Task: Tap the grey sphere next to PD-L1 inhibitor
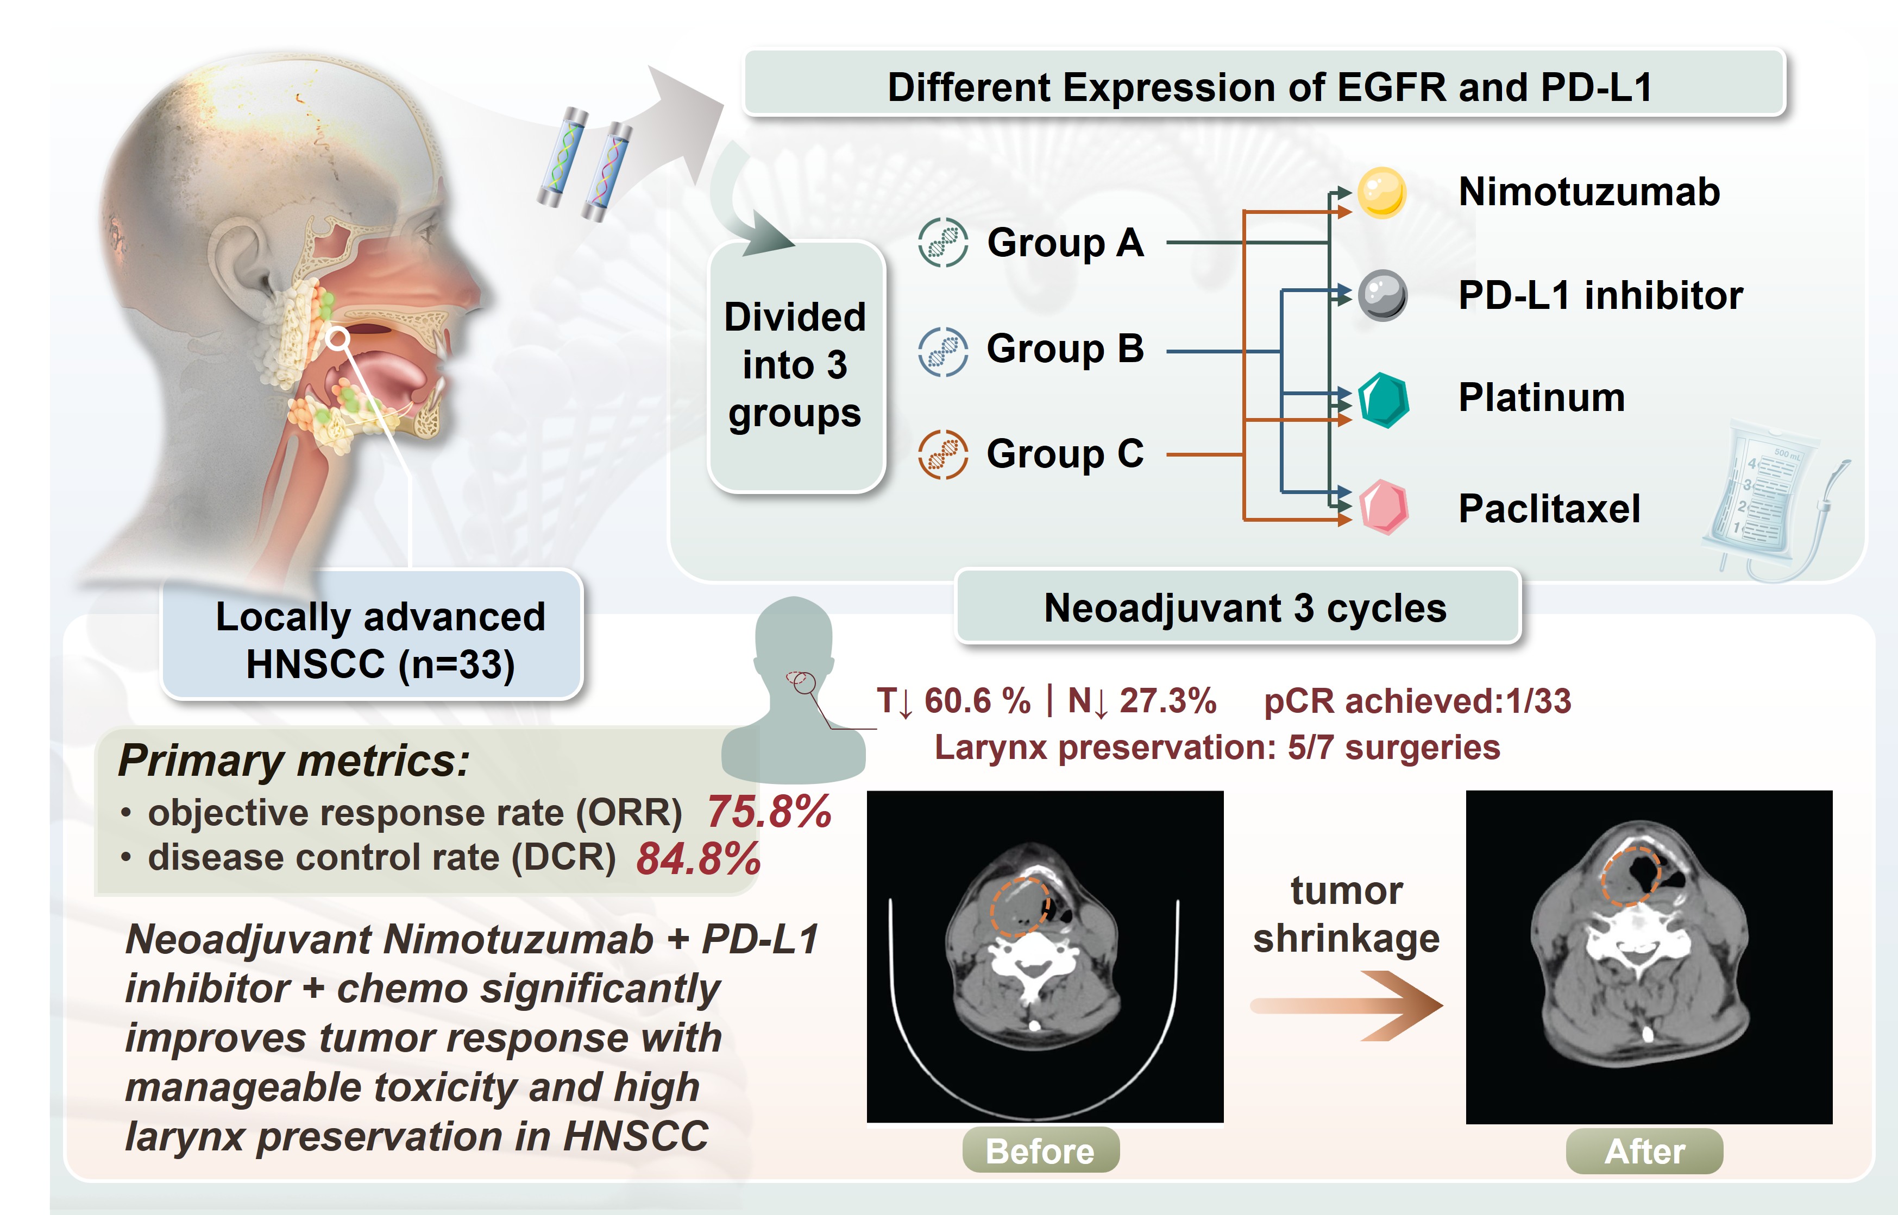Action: click(x=1382, y=295)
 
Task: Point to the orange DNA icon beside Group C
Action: click(x=942, y=454)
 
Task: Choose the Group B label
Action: click(x=1065, y=349)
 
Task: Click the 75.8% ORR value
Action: click(x=769, y=812)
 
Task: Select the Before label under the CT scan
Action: click(x=1040, y=1151)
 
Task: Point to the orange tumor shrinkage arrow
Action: click(x=1346, y=1005)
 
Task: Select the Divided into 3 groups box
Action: click(x=795, y=366)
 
